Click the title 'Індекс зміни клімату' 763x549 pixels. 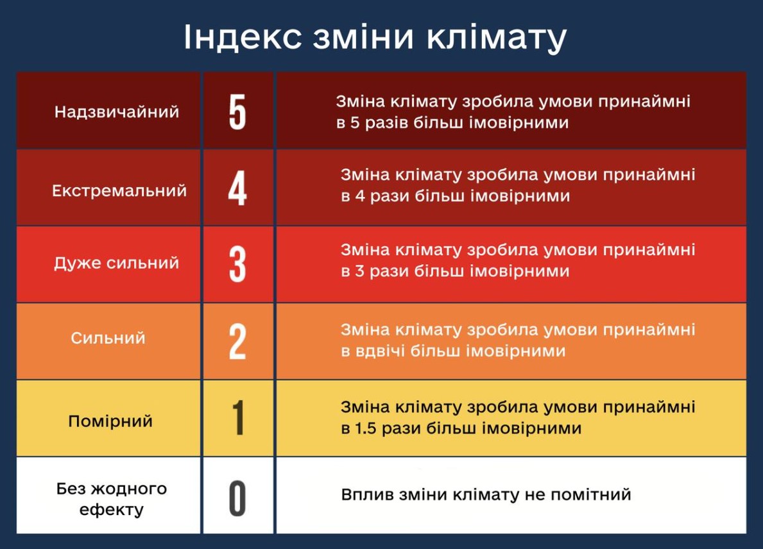(375, 37)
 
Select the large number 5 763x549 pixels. (237, 112)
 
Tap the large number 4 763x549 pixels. (237, 189)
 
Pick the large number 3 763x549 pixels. (237, 264)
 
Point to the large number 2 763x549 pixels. (237, 342)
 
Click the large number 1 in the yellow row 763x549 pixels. (238, 418)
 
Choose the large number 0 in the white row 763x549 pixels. (237, 498)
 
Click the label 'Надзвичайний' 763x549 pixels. (117, 112)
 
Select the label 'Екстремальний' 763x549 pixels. (119, 190)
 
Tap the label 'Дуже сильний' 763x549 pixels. (117, 263)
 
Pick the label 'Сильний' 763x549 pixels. (108, 338)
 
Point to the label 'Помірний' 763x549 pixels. (110, 421)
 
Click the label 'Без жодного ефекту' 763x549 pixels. (112, 499)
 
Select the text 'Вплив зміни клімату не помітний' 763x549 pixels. (486, 494)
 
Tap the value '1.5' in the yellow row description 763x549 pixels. (365, 428)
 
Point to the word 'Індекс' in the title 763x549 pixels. (243, 37)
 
